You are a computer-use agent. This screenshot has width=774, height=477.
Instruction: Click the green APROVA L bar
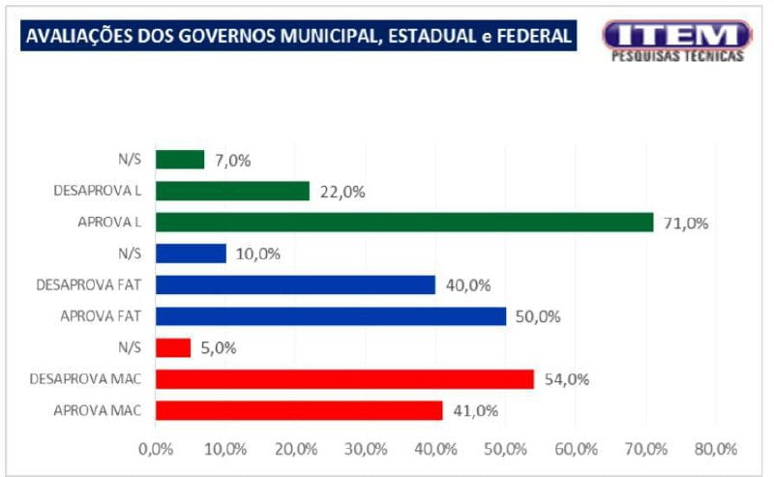tap(403, 223)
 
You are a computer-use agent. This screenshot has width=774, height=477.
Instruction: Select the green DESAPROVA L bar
tap(232, 191)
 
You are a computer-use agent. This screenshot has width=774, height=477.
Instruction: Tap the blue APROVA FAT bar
tap(330, 316)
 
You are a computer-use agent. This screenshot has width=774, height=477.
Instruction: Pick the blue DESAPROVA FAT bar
tap(295, 284)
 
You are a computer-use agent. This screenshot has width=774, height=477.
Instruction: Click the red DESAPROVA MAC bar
tap(344, 378)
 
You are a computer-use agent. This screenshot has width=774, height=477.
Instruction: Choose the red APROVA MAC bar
tap(299, 410)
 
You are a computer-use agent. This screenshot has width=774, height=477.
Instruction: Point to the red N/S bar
tap(173, 347)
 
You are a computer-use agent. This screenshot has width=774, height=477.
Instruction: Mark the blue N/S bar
tap(191, 253)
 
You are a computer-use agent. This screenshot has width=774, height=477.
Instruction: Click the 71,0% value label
tap(686, 224)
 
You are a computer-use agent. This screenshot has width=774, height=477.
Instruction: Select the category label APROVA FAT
tap(101, 316)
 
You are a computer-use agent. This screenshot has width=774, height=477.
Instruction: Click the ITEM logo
tap(676, 40)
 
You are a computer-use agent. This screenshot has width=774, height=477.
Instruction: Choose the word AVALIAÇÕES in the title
tap(70, 37)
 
